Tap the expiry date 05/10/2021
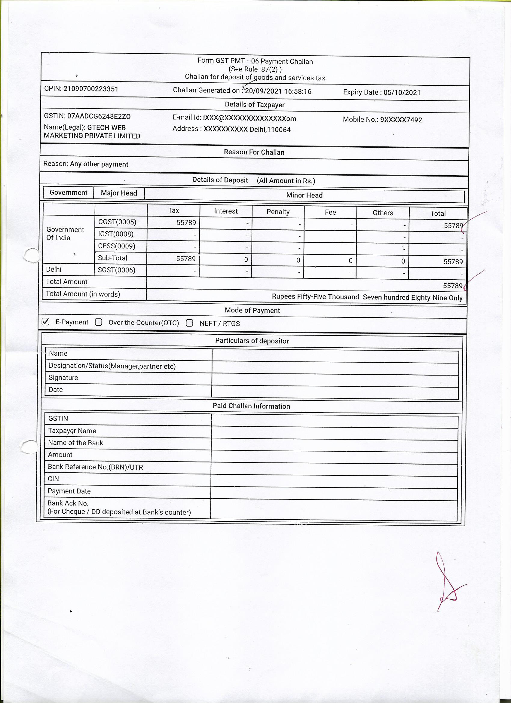[402, 93]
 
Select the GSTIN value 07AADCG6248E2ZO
[99, 117]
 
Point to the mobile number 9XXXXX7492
[401, 120]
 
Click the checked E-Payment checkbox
[46, 322]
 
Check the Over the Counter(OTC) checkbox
[99, 322]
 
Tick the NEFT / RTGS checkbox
[189, 323]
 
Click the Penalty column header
[278, 212]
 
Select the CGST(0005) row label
[117, 222]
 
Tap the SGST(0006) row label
[117, 270]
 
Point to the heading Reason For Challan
[254, 152]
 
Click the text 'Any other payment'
[99, 164]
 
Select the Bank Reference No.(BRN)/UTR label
[96, 467]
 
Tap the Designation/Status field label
[112, 366]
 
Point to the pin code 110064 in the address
[279, 130]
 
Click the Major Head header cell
[119, 193]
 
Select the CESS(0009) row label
[117, 246]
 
